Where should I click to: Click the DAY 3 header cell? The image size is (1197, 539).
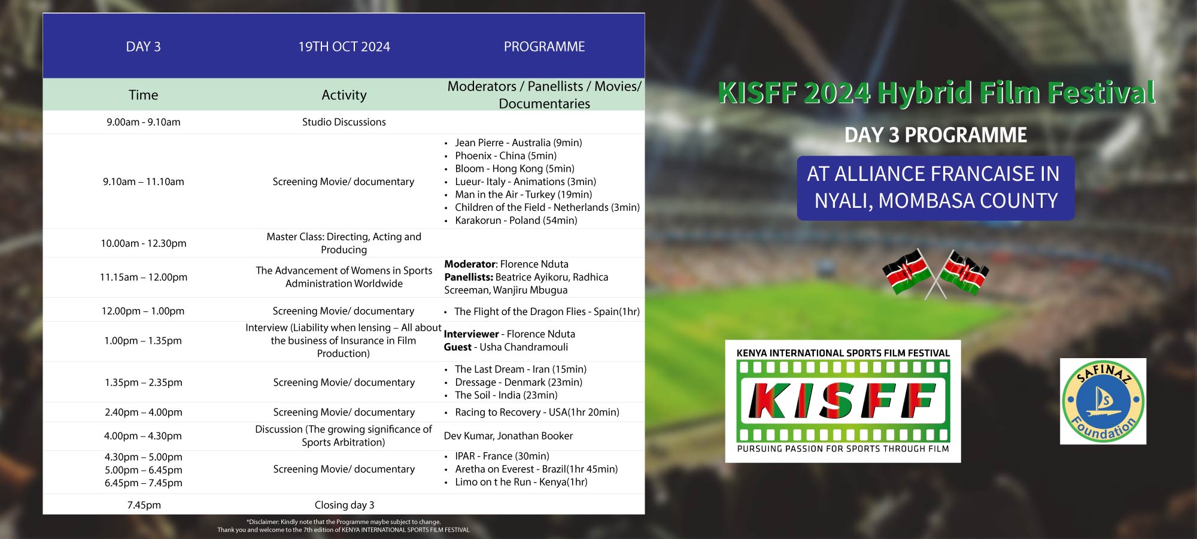click(143, 47)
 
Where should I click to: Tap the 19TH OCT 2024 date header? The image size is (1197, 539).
click(344, 47)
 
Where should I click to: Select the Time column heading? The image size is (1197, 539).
click(143, 95)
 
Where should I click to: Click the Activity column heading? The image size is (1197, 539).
click(344, 95)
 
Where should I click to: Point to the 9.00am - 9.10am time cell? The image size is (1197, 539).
click(144, 122)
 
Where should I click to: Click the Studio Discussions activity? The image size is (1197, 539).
click(344, 122)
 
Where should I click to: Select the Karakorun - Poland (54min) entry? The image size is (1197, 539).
click(516, 220)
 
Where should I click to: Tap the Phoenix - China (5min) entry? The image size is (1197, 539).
click(506, 156)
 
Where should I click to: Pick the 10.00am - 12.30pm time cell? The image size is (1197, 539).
click(144, 243)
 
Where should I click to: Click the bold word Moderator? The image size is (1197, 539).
click(470, 264)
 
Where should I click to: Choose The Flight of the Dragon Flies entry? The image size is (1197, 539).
click(547, 311)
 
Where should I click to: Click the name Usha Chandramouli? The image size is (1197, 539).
click(524, 347)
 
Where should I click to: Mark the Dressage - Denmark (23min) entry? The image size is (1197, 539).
click(518, 382)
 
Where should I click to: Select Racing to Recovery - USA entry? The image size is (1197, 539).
click(537, 412)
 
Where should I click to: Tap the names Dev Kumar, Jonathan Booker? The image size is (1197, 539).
click(508, 436)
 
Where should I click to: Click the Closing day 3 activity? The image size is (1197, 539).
click(345, 505)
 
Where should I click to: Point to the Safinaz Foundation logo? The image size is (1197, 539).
click(1103, 401)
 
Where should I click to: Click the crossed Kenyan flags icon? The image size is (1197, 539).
click(935, 274)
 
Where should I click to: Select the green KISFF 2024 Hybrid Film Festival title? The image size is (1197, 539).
click(936, 93)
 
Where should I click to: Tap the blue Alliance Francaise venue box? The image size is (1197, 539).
click(935, 188)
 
